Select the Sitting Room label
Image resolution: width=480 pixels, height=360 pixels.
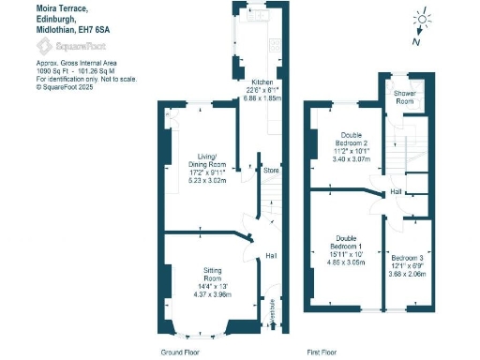tap(214, 274)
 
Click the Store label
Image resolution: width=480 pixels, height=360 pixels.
tap(271, 171)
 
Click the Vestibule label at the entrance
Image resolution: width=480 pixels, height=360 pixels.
tap(273, 308)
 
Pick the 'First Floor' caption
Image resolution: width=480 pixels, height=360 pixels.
tap(322, 352)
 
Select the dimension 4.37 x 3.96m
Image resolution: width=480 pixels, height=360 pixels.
tap(214, 293)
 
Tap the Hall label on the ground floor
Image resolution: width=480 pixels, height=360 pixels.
tap(271, 255)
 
